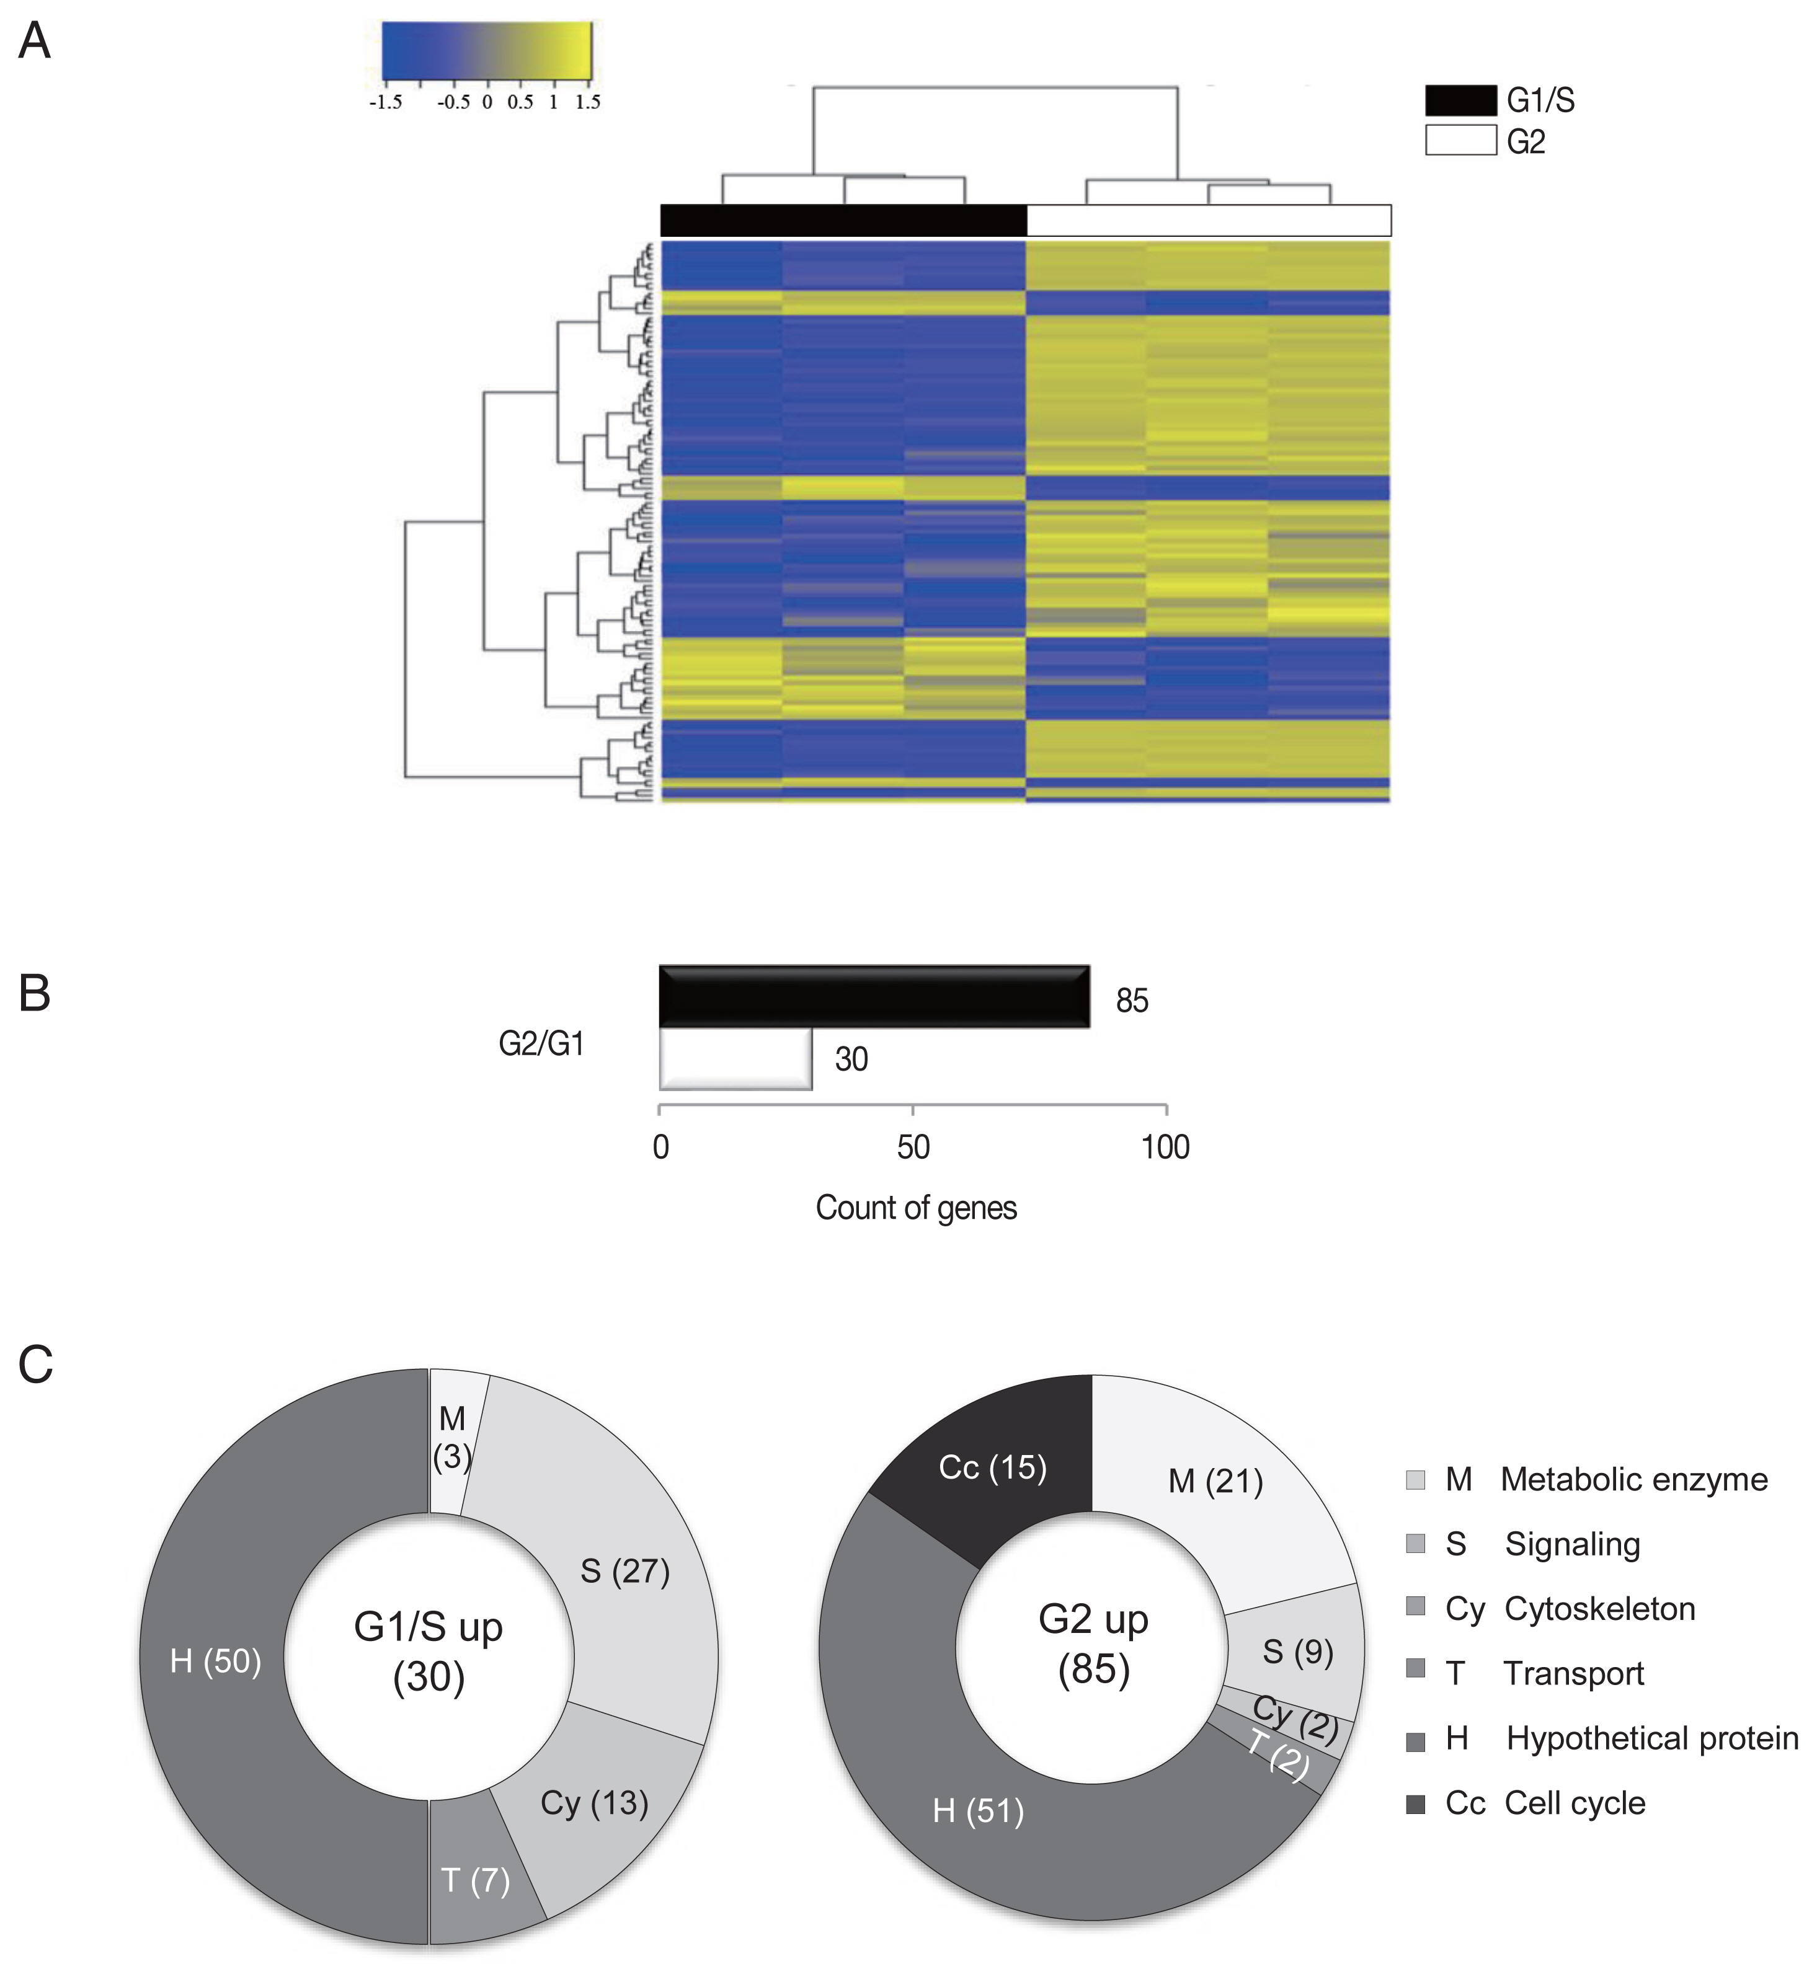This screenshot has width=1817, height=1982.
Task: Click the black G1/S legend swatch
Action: click(1460, 100)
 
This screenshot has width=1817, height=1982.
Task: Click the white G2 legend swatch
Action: click(1460, 141)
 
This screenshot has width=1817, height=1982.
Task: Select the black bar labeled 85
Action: click(873, 997)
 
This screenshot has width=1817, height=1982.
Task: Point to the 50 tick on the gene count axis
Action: click(912, 1111)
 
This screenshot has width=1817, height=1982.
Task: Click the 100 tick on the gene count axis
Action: click(1166, 1111)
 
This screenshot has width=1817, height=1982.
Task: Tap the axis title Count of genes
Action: click(915, 1207)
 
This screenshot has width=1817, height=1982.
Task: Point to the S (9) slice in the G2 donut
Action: click(1298, 1652)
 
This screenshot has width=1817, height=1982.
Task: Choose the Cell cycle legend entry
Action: click(1573, 1803)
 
